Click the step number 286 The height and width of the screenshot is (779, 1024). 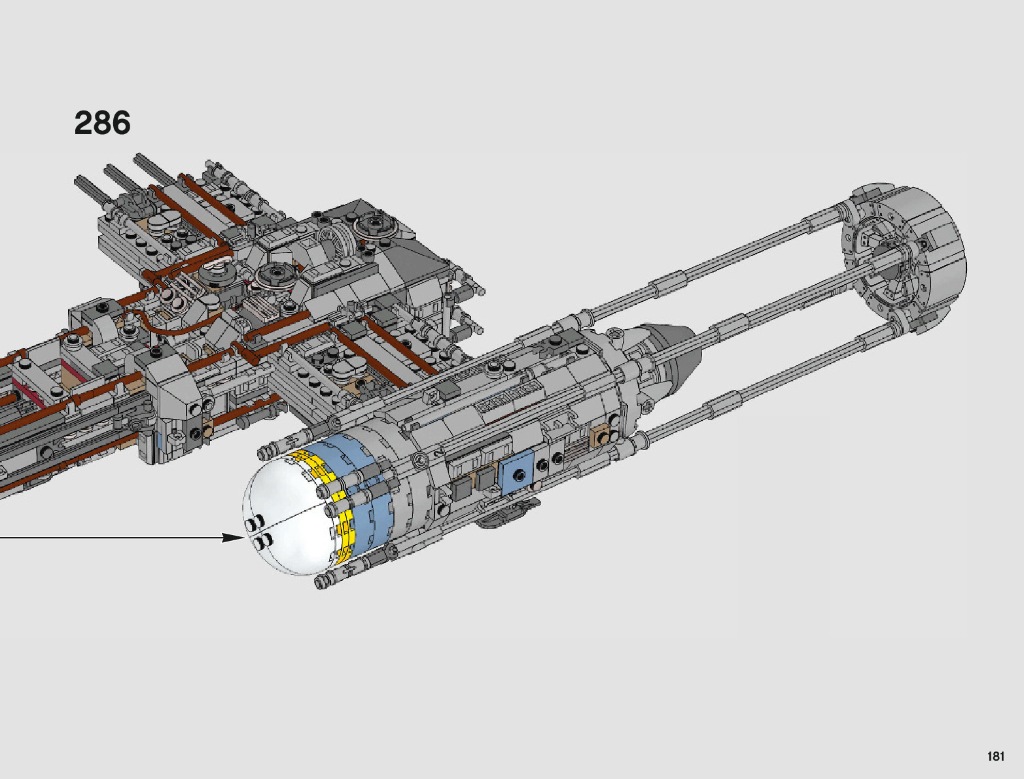pyautogui.click(x=103, y=123)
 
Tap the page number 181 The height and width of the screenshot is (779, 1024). pyautogui.click(x=995, y=756)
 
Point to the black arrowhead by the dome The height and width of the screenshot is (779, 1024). pyautogui.click(x=233, y=538)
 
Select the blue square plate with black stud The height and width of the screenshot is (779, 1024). pyautogui.click(x=517, y=474)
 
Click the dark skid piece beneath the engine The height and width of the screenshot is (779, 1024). pyautogui.click(x=504, y=514)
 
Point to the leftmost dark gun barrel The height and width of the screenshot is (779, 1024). pyautogui.click(x=92, y=190)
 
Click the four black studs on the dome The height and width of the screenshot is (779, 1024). pyautogui.click(x=258, y=530)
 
